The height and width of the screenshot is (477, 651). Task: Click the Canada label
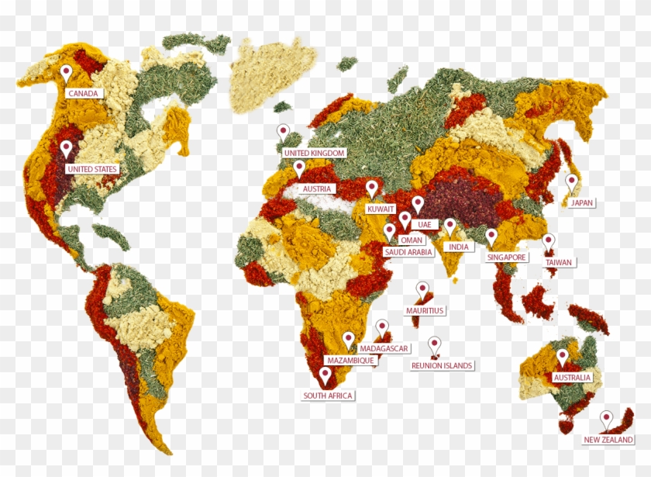tap(83, 93)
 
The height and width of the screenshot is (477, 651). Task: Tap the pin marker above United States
tap(67, 148)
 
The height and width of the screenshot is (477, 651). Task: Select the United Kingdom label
tap(314, 154)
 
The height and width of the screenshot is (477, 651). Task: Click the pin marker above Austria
tap(299, 168)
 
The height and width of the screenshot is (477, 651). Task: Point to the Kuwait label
tap(381, 209)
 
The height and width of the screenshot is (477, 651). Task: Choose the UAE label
tap(424, 224)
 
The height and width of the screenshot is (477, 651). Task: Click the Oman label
tap(411, 240)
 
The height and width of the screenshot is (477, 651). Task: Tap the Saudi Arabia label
tap(408, 252)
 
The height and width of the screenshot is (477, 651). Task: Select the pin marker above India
tap(449, 226)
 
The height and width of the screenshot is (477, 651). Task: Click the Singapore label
tap(507, 257)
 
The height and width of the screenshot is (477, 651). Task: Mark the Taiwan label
tap(558, 262)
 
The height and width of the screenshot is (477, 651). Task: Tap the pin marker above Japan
tap(572, 182)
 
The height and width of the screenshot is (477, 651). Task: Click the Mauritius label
tap(425, 310)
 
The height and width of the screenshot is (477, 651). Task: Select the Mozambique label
tap(350, 361)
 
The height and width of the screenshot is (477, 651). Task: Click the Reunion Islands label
tap(442, 365)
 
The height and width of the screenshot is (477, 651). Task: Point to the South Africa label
tap(328, 396)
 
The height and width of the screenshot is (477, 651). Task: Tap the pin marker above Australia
tap(563, 357)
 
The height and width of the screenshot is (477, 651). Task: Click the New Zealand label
tap(608, 440)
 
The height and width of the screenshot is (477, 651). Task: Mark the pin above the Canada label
tap(67, 74)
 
